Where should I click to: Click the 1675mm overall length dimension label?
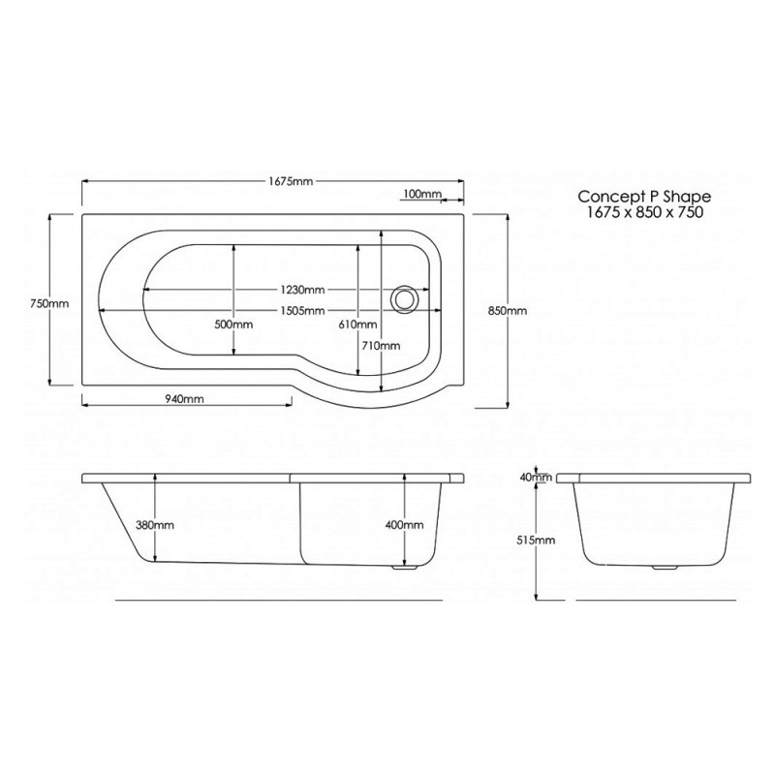click(x=291, y=181)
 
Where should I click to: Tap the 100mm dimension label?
click(x=422, y=194)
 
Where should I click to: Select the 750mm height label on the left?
click(x=49, y=304)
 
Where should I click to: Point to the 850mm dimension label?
click(x=508, y=311)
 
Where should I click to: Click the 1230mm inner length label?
click(x=302, y=289)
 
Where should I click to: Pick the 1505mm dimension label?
click(x=302, y=311)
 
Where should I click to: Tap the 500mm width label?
click(x=233, y=325)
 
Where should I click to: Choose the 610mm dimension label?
click(x=357, y=325)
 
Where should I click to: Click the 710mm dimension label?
click(x=381, y=346)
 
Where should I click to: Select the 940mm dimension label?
click(x=184, y=399)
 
